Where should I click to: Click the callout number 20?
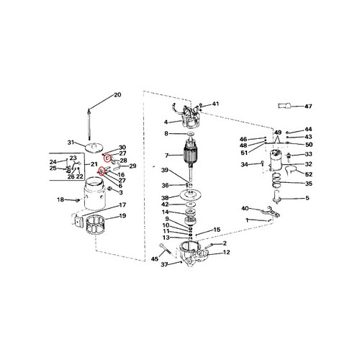[117, 95]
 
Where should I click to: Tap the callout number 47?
[308, 106]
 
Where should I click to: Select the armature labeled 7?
[191, 159]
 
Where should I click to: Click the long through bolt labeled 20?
[89, 125]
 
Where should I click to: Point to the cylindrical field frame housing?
[95, 193]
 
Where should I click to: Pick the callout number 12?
[226, 252]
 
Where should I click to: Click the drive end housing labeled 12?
[193, 254]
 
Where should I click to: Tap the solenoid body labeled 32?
[276, 160]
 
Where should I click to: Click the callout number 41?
[215, 104]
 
